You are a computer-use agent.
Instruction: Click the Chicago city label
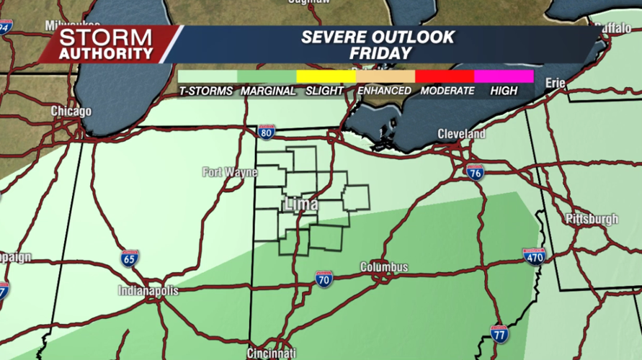click(x=71, y=112)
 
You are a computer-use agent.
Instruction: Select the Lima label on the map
click(x=302, y=204)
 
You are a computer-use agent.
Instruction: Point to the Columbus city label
click(x=384, y=267)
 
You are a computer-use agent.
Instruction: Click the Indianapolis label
click(x=148, y=292)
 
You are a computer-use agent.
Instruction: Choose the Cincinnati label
click(x=271, y=354)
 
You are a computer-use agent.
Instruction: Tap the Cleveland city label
click(x=462, y=134)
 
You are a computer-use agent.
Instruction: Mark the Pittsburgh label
click(x=592, y=219)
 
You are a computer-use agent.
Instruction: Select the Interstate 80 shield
click(x=267, y=132)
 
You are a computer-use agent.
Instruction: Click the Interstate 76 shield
click(x=474, y=172)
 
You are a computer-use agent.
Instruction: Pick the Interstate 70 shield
click(x=324, y=279)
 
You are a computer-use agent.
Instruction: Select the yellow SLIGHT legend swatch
click(x=326, y=76)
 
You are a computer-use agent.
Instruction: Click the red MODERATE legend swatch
click(x=445, y=76)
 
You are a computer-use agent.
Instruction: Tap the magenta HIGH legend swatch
click(x=504, y=76)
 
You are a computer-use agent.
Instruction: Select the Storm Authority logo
click(x=106, y=45)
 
